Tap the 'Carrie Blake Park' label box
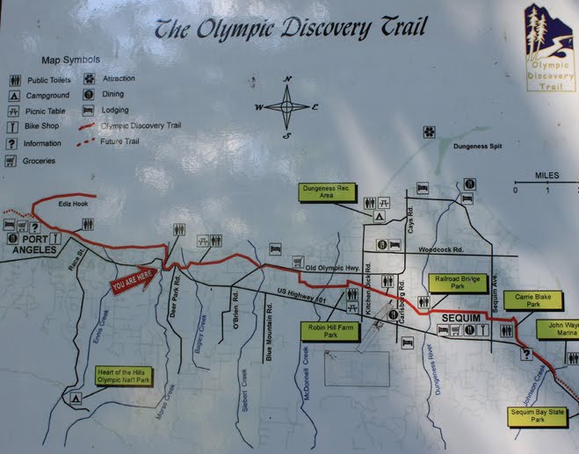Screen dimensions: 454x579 coord(534,301)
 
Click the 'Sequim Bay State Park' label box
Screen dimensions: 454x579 coord(539,415)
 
